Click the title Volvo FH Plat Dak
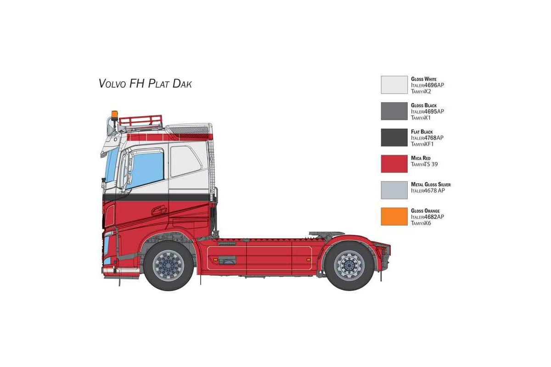coord(145,83)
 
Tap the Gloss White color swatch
coord(394,85)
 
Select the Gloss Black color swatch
coord(394,111)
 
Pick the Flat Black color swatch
coord(394,138)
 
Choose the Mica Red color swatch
coord(394,164)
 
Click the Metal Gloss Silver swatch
coord(394,190)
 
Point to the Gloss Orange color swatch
coord(394,217)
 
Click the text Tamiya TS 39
coord(424,164)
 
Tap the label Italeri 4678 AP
coord(428,190)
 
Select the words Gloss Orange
coord(425,211)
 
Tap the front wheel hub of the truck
coord(168,266)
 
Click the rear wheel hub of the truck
coord(349,266)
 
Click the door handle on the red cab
coord(159,211)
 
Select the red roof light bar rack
coord(141,121)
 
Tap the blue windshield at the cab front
coord(111,164)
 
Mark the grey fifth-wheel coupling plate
coord(326,234)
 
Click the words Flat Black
coord(422,132)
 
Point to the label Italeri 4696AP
coord(427,85)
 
